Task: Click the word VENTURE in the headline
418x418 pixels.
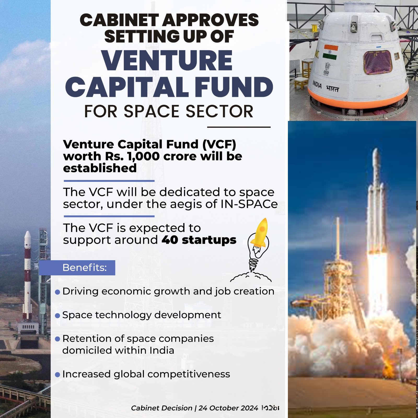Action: (x=167, y=61)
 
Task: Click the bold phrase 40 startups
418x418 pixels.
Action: (x=199, y=240)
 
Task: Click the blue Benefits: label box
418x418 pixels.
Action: (x=77, y=268)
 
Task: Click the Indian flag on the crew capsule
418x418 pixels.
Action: (x=330, y=52)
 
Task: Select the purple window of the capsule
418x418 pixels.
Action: (x=378, y=62)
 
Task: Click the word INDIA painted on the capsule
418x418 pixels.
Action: (x=317, y=84)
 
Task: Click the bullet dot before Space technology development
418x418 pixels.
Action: (x=57, y=316)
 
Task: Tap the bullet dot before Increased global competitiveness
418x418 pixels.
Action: (x=57, y=375)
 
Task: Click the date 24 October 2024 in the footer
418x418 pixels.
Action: (x=228, y=408)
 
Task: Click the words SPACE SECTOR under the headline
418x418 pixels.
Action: (x=188, y=112)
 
